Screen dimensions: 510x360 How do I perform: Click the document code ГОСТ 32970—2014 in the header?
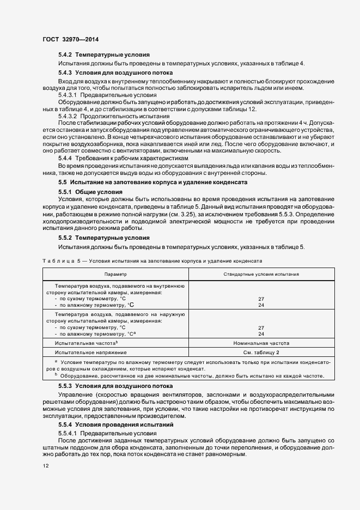coord(70,39)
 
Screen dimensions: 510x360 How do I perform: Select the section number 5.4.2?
coord(65,56)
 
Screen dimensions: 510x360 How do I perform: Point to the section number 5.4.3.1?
coord(69,95)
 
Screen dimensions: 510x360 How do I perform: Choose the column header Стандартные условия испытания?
coord(261,275)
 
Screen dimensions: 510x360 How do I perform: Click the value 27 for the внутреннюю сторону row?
coord(261,299)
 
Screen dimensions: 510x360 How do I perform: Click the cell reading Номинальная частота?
coord(261,343)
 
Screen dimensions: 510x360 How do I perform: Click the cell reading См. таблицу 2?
coord(261,353)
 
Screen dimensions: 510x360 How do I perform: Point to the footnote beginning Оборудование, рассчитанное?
coord(191,376)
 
